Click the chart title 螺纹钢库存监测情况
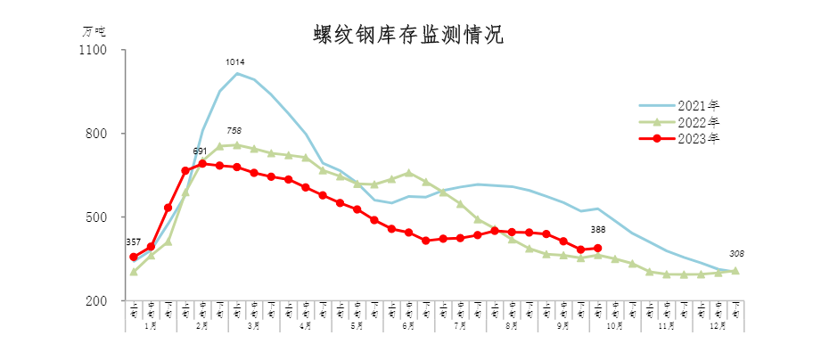(x=408, y=35)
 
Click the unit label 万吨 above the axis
(x=94, y=30)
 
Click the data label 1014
(x=235, y=62)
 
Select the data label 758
(x=234, y=131)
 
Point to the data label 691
(x=201, y=151)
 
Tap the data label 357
(x=133, y=241)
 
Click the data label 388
(x=598, y=231)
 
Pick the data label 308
(x=736, y=253)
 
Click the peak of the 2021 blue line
(x=236, y=73)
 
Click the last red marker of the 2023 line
(x=598, y=249)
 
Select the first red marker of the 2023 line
(x=134, y=257)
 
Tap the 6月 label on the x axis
(x=408, y=327)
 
